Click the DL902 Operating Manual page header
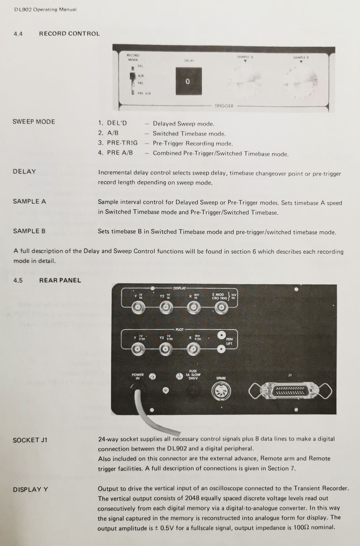coord(45,9)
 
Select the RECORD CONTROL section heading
coord(69,34)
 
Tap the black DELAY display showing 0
coord(188,81)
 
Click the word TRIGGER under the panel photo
coord(224,106)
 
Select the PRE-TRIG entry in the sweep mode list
coord(122,143)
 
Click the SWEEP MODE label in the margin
coord(34,122)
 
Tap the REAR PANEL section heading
coord(60,280)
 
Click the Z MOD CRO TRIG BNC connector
coord(221,308)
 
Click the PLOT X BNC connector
coord(193,349)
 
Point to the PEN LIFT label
coord(229,341)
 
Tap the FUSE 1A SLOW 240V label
coord(193,375)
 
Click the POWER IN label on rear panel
coord(138,376)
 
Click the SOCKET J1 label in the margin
coord(30,440)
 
